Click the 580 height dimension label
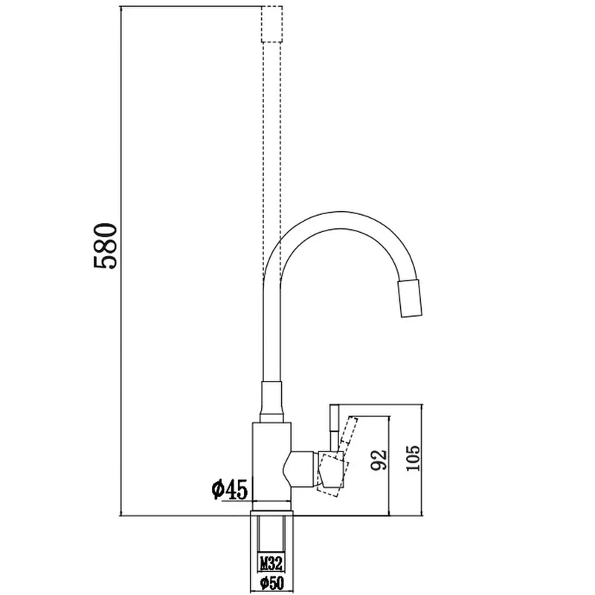[x=105, y=246]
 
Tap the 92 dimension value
[x=379, y=460]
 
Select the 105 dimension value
[x=413, y=458]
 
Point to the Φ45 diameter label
[x=230, y=489]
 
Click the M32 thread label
[x=271, y=564]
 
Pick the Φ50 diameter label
[x=271, y=582]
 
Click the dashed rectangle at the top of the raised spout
[x=271, y=24]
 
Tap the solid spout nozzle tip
[x=410, y=298]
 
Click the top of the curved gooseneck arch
[x=341, y=219]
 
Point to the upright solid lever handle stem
[x=334, y=428]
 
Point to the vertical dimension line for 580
[x=120, y=261]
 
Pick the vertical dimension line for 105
[x=422, y=460]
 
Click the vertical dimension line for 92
[x=389, y=466]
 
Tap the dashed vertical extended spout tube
[x=271, y=159]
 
